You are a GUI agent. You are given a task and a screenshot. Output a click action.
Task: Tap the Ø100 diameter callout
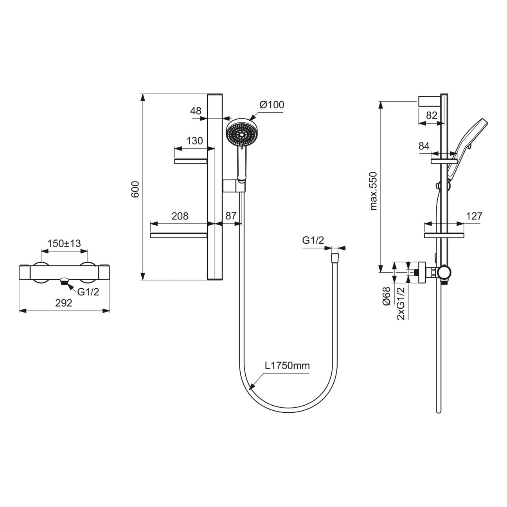271,105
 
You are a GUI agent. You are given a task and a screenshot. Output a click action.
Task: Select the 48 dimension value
196,111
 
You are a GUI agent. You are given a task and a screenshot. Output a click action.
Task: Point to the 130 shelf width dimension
195,141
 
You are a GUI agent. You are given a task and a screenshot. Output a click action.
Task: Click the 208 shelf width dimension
180,216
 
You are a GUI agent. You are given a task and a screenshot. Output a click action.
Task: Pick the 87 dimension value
231,216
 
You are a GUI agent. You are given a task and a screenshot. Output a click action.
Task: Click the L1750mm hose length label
287,366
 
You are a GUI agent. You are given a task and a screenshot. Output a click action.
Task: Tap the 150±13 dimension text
64,243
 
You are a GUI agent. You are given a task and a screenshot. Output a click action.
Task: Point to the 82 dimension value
431,115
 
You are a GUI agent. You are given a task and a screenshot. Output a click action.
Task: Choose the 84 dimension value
424,146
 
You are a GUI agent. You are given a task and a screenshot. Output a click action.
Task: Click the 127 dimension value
474,216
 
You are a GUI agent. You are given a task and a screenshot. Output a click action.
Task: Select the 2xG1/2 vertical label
400,303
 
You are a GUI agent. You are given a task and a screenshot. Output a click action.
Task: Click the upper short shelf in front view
191,161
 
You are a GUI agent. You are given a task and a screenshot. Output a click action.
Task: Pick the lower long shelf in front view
178,235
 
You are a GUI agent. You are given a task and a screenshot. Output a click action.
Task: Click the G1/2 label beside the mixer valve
88,291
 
